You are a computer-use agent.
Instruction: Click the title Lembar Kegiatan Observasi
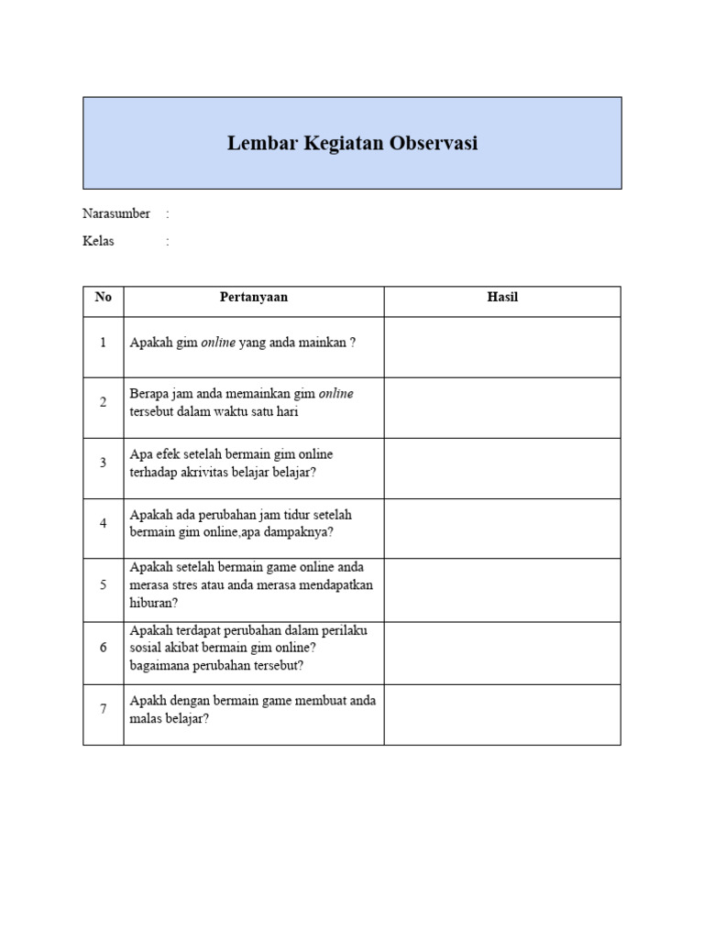pyautogui.click(x=352, y=144)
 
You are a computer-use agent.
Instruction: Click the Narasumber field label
pyautogui.click(x=116, y=213)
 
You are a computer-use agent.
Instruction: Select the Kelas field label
pyautogui.click(x=98, y=242)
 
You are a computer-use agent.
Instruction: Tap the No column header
pyautogui.click(x=104, y=298)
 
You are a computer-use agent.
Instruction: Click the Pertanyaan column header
pyautogui.click(x=254, y=298)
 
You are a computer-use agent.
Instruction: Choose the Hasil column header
pyautogui.click(x=502, y=298)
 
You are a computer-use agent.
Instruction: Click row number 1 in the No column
pyautogui.click(x=104, y=343)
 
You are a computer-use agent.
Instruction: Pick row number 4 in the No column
pyautogui.click(x=104, y=523)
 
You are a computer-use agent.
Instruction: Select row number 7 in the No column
pyautogui.click(x=104, y=708)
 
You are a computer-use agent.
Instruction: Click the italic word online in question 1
pyautogui.click(x=218, y=343)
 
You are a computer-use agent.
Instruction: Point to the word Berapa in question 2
pyautogui.click(x=148, y=393)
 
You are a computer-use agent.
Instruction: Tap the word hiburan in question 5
pyautogui.click(x=151, y=603)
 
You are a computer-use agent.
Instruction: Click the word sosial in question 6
pyautogui.click(x=146, y=648)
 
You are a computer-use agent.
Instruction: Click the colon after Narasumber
pyautogui.click(x=168, y=214)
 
